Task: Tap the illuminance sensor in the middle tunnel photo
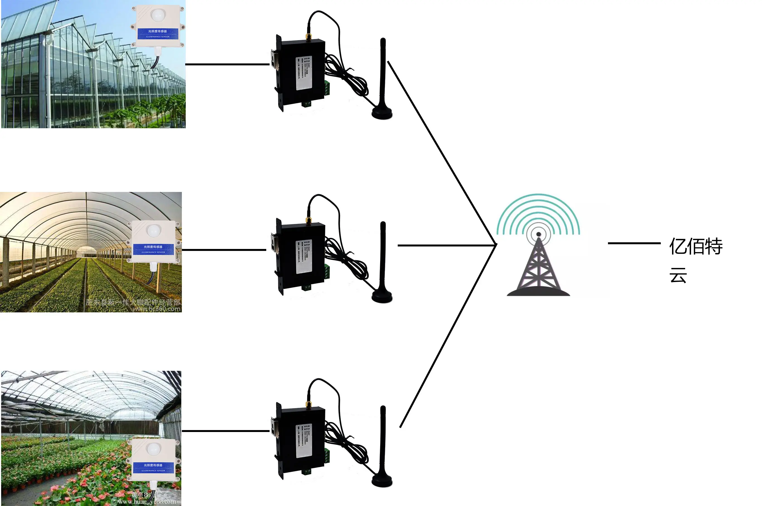(x=153, y=242)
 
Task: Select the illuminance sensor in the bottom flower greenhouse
(x=153, y=460)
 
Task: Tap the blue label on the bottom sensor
(x=153, y=467)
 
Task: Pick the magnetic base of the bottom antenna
(x=382, y=480)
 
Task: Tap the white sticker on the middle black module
(x=304, y=256)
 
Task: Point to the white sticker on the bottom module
(x=304, y=441)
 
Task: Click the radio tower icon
(x=538, y=255)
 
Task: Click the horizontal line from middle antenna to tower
(x=446, y=246)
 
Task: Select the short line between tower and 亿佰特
(x=634, y=243)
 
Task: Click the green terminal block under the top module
(x=306, y=103)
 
